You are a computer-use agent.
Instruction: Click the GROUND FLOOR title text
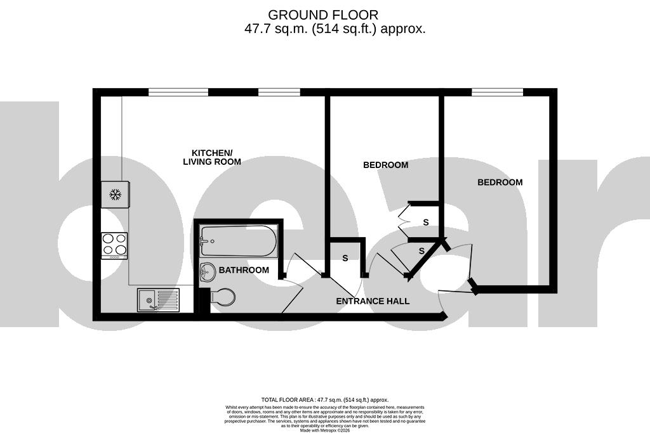point(323,15)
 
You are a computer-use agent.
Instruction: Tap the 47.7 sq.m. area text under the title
point(335,29)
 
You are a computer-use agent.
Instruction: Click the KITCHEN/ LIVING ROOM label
point(212,157)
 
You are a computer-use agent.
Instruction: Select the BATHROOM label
point(244,270)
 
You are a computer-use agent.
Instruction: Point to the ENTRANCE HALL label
point(373,301)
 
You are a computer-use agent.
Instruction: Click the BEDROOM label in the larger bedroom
point(500,182)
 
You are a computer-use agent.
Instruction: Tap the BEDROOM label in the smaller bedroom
point(385,165)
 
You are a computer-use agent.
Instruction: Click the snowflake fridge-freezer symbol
point(115,194)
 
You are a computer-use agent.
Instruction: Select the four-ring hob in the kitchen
point(114,245)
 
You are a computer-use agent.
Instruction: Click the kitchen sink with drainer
point(158,299)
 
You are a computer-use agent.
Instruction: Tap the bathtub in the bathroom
point(238,242)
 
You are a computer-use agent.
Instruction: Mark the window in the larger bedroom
point(497,93)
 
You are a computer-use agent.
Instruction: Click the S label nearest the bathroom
point(345,258)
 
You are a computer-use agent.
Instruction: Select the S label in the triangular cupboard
point(421,252)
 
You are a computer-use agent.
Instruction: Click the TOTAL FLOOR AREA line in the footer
point(324,400)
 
